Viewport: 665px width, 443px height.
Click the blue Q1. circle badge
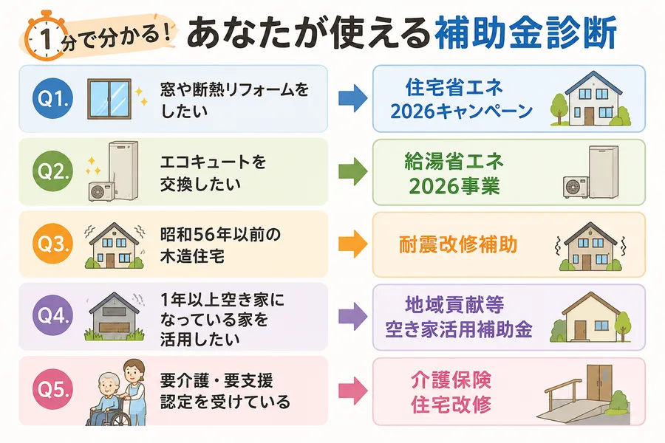52,98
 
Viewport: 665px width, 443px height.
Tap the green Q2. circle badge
52,171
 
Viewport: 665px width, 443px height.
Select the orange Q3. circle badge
52,244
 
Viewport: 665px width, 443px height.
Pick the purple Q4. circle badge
52,316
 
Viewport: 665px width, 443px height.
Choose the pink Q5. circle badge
52,389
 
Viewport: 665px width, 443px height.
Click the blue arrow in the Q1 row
353,98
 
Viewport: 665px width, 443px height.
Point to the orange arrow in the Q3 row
353,244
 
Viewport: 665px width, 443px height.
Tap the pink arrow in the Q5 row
353,390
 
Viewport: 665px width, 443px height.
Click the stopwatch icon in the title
46,37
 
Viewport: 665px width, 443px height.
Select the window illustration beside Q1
109,99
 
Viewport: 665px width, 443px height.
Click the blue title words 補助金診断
526,33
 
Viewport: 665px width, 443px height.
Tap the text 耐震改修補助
458,244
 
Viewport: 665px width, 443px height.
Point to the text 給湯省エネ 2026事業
454,174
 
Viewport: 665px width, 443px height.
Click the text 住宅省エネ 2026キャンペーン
461,99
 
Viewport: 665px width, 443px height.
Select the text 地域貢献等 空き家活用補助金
458,317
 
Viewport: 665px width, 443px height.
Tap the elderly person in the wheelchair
108,399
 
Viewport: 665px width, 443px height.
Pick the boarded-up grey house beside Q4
115,316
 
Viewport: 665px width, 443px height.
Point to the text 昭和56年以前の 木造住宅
220,245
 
